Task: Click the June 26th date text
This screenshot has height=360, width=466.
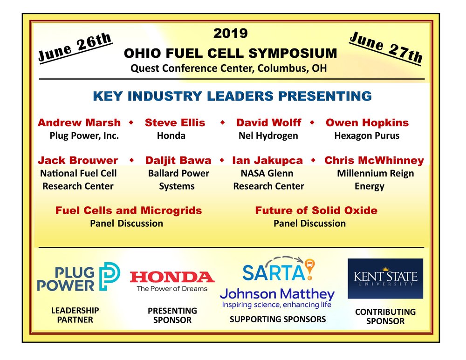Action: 75,48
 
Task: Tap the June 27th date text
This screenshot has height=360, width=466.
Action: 386,48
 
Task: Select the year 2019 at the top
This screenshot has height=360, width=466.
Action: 230,33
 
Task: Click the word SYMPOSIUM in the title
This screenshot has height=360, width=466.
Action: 293,54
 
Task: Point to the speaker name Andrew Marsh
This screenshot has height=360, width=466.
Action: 79,122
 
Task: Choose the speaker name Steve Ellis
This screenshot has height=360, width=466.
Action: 175,122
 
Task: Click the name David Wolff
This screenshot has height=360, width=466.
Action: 269,122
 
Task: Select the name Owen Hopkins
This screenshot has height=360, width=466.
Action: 367,122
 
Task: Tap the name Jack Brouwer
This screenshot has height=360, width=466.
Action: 78,160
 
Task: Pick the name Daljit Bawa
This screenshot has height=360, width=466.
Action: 178,160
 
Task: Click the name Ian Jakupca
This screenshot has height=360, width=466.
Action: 267,160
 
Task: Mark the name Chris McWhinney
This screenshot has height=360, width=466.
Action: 374,160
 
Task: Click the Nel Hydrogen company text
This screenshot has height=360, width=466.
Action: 268,136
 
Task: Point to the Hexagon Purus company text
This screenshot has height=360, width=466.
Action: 367,136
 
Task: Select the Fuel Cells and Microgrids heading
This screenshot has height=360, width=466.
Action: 129,211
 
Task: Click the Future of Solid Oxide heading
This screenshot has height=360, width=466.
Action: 316,211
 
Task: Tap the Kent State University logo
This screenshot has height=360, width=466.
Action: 385,278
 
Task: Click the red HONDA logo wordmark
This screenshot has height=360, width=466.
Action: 172,277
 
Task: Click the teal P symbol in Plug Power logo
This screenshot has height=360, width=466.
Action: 110,276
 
